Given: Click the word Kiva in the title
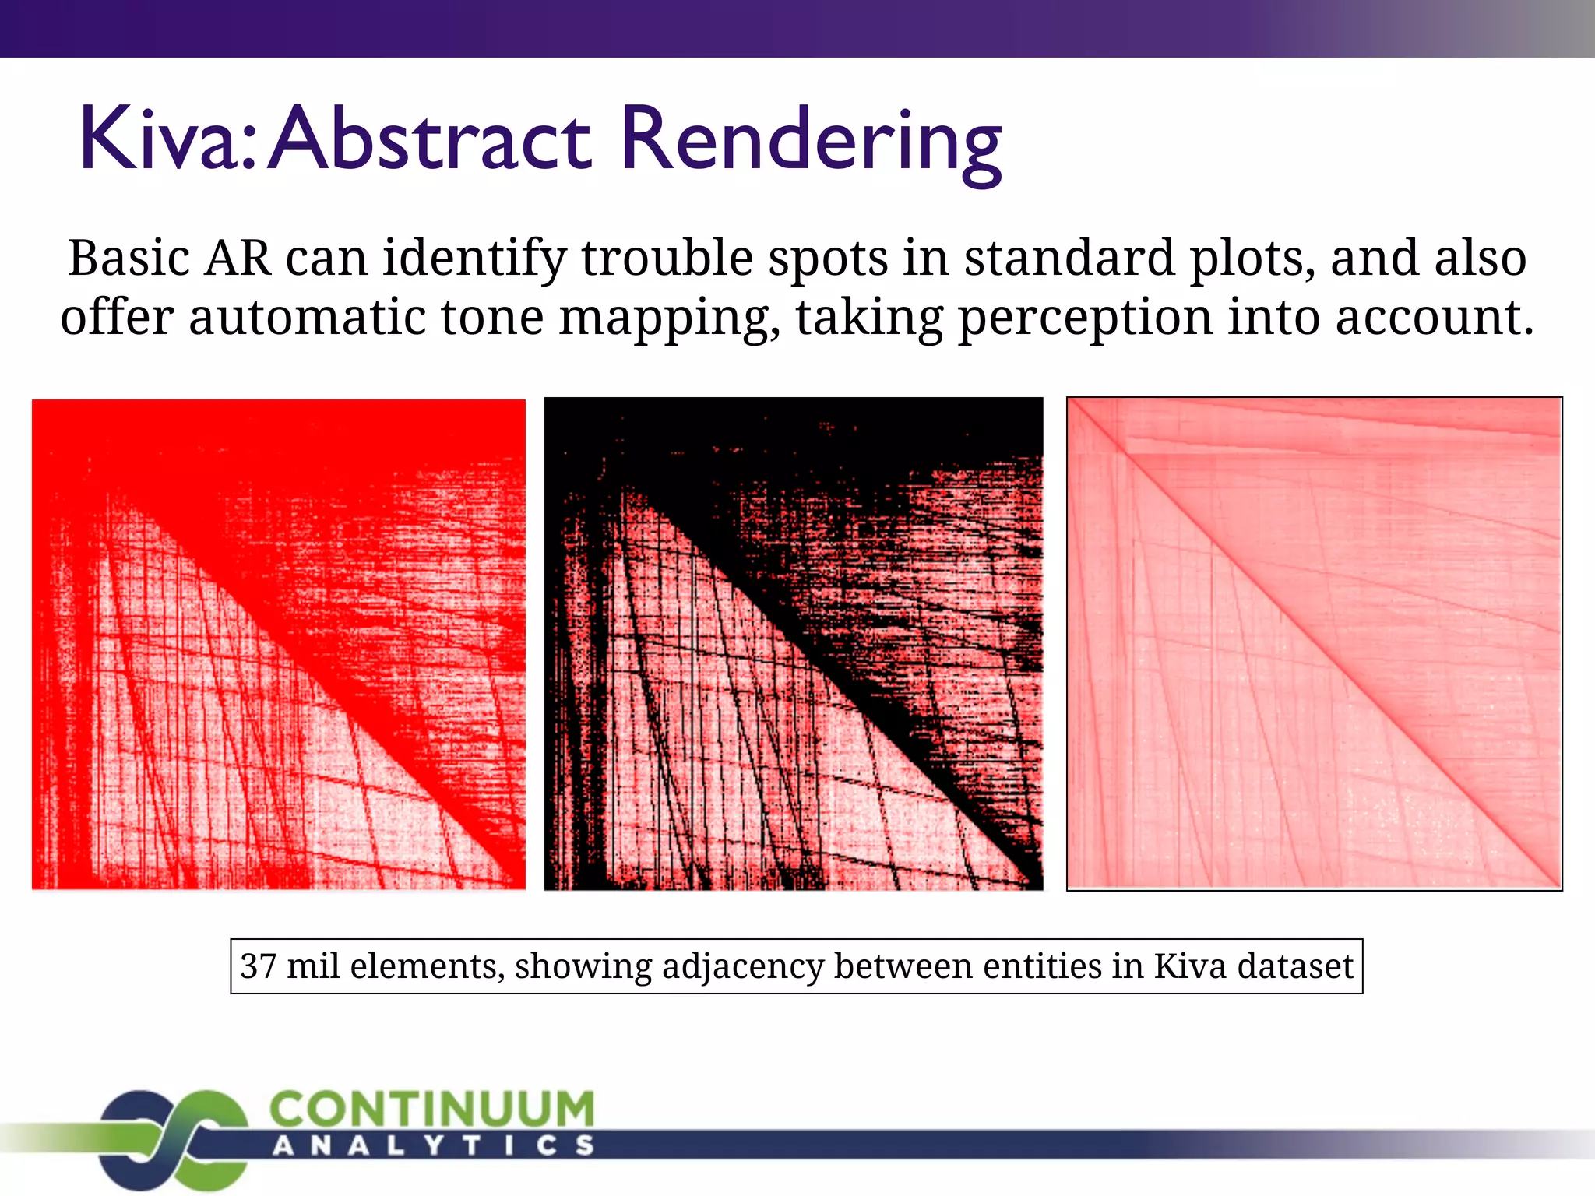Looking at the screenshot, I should point(166,140).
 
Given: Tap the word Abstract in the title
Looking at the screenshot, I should point(431,140).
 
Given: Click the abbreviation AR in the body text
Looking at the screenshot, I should point(238,259).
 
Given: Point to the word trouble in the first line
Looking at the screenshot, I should point(667,259).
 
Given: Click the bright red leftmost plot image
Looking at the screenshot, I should point(279,644).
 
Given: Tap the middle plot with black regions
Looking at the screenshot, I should point(793,644).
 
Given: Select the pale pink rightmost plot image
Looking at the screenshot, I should point(1314,644).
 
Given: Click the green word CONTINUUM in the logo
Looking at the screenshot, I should point(432,1110).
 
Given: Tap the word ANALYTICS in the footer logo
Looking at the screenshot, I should point(434,1145).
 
